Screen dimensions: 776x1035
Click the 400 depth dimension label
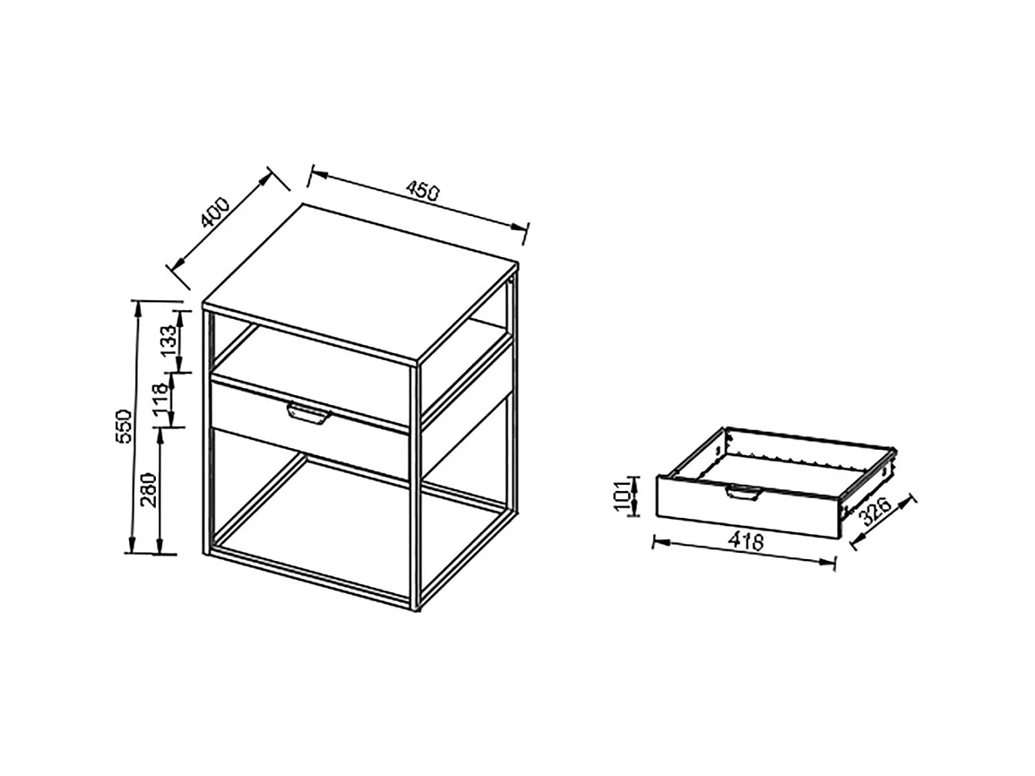[216, 213]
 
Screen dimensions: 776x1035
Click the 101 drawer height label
[621, 496]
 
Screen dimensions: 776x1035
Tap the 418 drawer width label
[746, 541]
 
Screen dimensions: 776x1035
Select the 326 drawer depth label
[875, 513]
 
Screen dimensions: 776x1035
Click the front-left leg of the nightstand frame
[207, 430]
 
